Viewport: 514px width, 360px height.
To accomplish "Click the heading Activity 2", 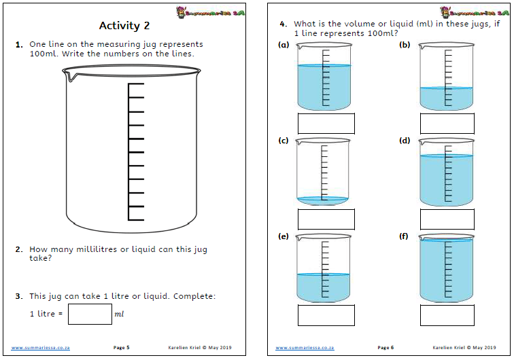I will click(124, 26).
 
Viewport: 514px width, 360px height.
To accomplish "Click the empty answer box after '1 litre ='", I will click(90, 314).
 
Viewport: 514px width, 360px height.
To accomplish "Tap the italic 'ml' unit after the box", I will click(119, 314).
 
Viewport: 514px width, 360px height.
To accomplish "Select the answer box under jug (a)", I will click(326, 123).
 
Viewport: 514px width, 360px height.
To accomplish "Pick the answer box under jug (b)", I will click(447, 123).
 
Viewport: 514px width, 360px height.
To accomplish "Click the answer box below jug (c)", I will click(326, 219).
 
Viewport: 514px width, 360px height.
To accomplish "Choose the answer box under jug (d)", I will click(447, 219).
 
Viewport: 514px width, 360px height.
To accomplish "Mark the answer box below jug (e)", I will click(326, 315).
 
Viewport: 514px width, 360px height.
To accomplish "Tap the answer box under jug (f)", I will click(447, 315).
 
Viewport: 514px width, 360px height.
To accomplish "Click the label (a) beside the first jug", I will click(284, 45).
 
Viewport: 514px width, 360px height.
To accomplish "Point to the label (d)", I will click(405, 141).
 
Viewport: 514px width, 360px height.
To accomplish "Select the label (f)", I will click(405, 237).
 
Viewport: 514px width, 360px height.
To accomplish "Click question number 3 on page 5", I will click(19, 296).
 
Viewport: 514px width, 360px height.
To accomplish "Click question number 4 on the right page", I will click(284, 24).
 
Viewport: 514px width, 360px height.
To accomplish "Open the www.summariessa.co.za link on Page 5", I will click(40, 348).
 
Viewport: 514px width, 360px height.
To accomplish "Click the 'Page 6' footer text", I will click(385, 348).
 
